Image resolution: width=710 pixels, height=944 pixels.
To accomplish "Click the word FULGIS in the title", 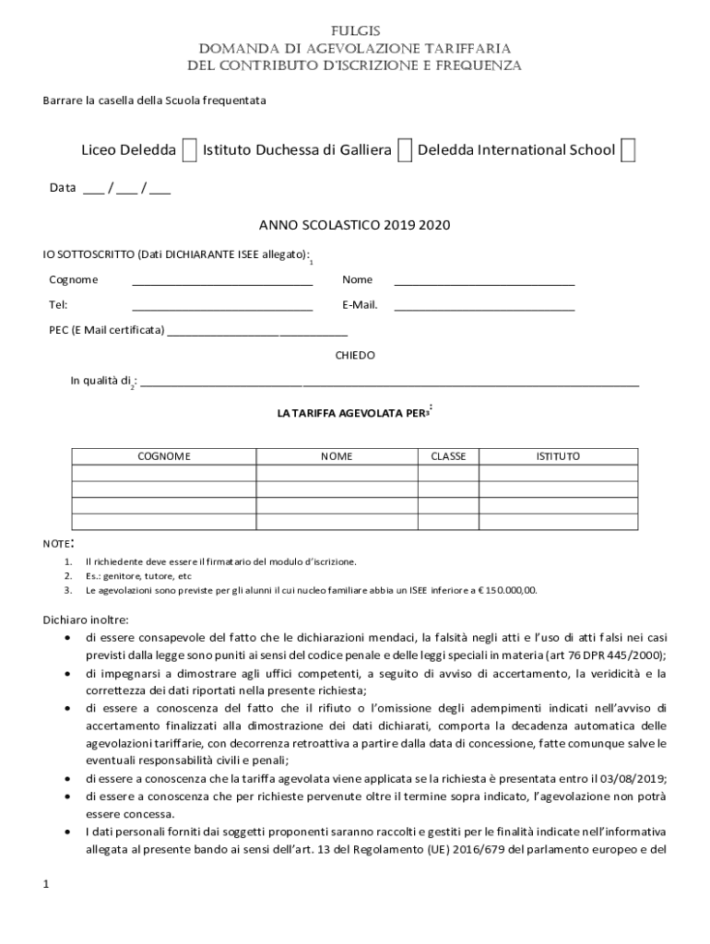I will (x=355, y=30).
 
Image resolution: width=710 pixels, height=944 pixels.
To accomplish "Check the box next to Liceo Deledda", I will (x=188, y=149).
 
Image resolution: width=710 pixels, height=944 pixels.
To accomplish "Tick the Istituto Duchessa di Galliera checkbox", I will (x=404, y=149).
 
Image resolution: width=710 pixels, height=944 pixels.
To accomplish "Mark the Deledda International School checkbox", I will (x=628, y=149).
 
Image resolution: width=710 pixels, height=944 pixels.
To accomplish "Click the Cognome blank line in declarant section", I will (x=222, y=281).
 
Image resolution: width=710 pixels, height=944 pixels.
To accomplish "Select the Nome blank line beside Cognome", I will (x=484, y=281).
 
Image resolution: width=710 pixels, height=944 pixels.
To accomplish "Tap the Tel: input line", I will (x=222, y=306).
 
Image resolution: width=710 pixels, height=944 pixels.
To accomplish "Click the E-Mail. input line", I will (x=484, y=306).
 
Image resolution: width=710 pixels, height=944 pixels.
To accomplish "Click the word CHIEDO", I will (x=355, y=355).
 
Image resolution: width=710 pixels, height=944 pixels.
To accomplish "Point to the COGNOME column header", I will (x=164, y=456).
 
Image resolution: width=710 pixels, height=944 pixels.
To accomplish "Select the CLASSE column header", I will (x=448, y=456).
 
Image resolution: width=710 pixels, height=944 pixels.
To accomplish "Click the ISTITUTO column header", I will (x=559, y=456).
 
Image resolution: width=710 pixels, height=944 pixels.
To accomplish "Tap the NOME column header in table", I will (x=337, y=456).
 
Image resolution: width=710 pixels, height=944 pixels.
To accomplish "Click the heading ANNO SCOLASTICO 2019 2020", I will (x=354, y=225).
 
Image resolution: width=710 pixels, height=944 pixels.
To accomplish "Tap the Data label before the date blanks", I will (x=63, y=188).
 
